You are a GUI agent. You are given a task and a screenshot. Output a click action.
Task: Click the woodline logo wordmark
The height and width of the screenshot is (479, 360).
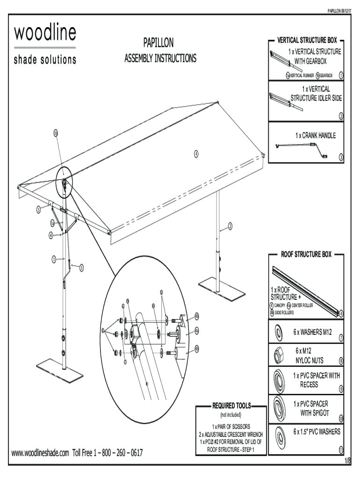pos(45,34)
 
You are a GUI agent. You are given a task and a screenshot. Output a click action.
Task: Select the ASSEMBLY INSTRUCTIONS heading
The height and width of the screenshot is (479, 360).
pos(160,58)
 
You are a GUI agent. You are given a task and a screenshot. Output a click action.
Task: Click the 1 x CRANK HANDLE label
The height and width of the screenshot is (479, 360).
pos(315,136)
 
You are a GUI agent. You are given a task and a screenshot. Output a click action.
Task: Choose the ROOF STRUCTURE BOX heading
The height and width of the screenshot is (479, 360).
pos(306,254)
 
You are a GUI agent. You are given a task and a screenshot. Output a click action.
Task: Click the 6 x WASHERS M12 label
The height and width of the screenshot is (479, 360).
pos(312,332)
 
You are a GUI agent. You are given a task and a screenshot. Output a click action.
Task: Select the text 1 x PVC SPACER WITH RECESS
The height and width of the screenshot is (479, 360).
pos(317,380)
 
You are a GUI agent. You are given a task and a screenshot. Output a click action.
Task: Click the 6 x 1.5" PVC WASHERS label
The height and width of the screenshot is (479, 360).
pos(317,431)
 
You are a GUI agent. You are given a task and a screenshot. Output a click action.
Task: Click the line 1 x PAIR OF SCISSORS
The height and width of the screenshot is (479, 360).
pos(231,427)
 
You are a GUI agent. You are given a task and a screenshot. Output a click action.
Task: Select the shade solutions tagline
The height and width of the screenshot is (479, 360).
pos(45,60)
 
